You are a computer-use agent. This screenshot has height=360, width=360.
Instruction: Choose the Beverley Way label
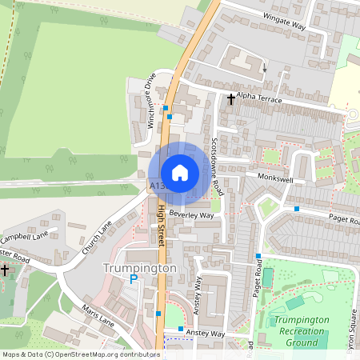[x=191, y=215]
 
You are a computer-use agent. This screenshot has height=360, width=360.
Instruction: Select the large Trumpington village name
[x=139, y=268]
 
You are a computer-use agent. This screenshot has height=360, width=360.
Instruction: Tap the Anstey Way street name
[x=206, y=334]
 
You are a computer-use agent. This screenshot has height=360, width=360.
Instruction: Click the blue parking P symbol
[x=134, y=279]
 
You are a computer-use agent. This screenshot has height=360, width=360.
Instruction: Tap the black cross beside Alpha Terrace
[x=232, y=100]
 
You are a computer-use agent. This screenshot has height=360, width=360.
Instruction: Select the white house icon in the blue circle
[x=180, y=173]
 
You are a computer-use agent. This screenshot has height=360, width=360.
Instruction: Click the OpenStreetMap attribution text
[x=81, y=354]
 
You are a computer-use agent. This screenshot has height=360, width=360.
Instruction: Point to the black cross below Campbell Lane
[x=4, y=270]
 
